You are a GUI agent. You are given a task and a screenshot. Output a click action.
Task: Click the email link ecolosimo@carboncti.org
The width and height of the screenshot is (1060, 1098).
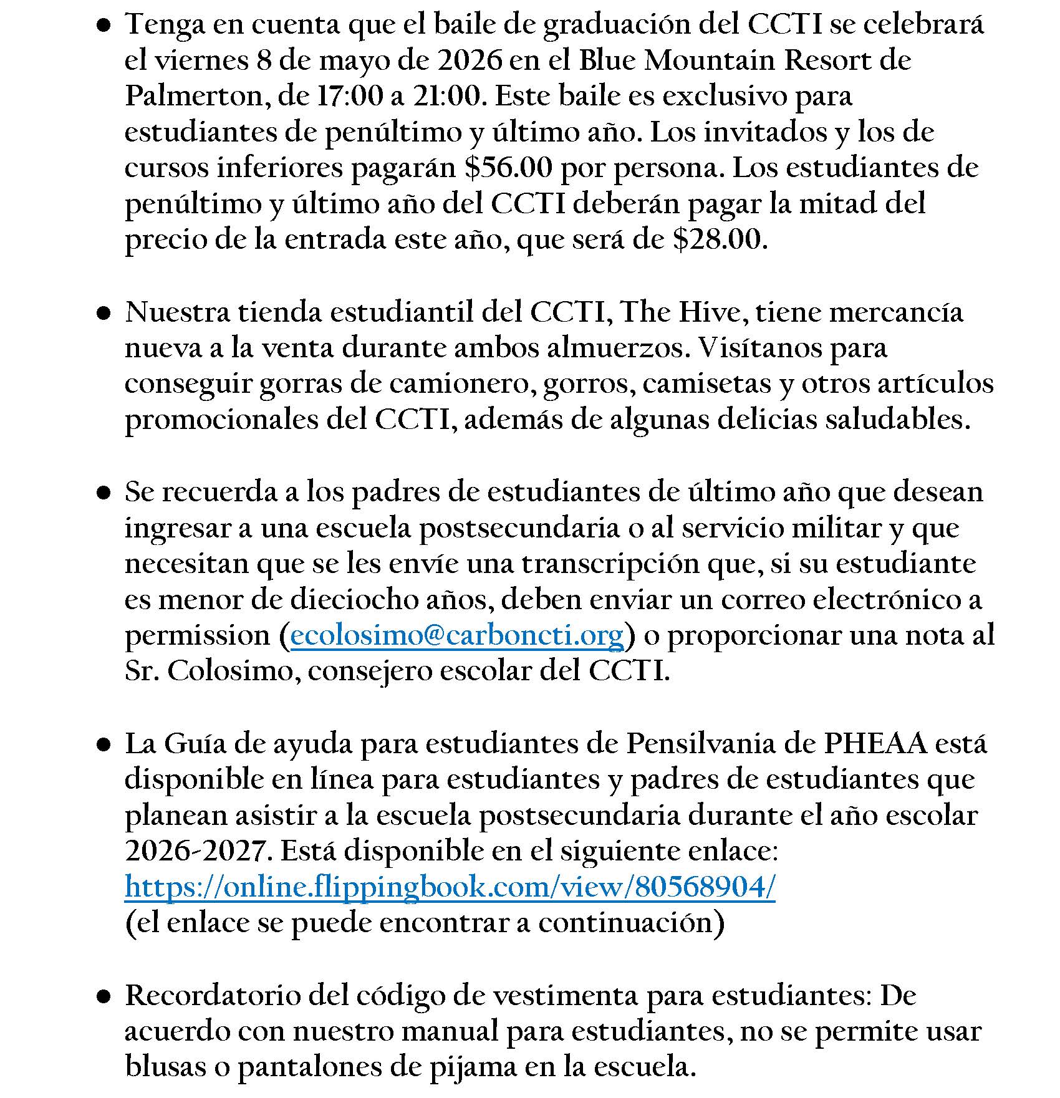[x=457, y=635]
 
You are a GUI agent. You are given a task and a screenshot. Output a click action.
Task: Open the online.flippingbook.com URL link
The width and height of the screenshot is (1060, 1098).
[x=450, y=887]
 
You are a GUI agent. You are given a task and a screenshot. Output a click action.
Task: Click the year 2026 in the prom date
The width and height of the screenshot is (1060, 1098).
[x=470, y=60]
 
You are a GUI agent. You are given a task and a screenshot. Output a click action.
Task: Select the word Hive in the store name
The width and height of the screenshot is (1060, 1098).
[x=712, y=312]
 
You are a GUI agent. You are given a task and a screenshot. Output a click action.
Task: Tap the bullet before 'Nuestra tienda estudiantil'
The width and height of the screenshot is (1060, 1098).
[x=104, y=313]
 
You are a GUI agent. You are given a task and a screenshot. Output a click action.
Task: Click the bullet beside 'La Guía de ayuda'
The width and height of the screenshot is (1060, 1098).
[x=104, y=744]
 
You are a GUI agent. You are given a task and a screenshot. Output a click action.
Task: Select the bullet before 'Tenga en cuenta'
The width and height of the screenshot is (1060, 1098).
[x=104, y=26]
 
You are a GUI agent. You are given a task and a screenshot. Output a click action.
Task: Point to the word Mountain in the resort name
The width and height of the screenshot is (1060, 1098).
[x=710, y=60]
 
